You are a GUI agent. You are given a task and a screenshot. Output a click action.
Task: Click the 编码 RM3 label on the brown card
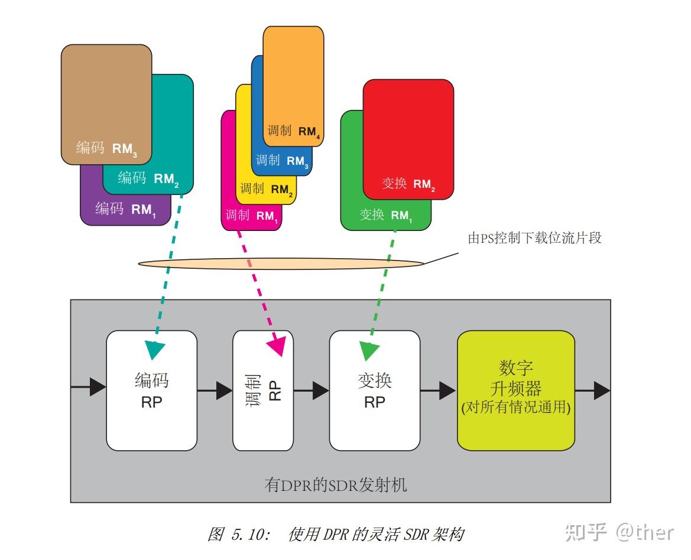coord(106,148)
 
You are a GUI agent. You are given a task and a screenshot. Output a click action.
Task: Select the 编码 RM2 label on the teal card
coord(148,178)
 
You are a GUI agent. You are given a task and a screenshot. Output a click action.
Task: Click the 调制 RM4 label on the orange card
coord(294,132)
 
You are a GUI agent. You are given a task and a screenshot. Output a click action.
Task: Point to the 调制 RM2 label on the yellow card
coord(267,190)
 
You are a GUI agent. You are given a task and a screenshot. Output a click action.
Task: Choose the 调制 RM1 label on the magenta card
coord(251,216)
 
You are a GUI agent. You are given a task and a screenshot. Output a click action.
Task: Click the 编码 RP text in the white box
coord(151,390)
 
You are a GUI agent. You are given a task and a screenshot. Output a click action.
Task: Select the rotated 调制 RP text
coord(263,390)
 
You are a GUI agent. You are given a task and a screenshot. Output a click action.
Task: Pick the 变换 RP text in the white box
coord(375,390)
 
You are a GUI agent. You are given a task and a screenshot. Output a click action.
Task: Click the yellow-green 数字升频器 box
coord(516,390)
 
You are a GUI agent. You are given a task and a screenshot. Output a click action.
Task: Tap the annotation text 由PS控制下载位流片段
coord(534,239)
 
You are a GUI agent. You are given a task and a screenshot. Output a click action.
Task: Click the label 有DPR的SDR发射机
coord(336,486)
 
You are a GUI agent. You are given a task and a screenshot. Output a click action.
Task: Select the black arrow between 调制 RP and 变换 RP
coord(312,390)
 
